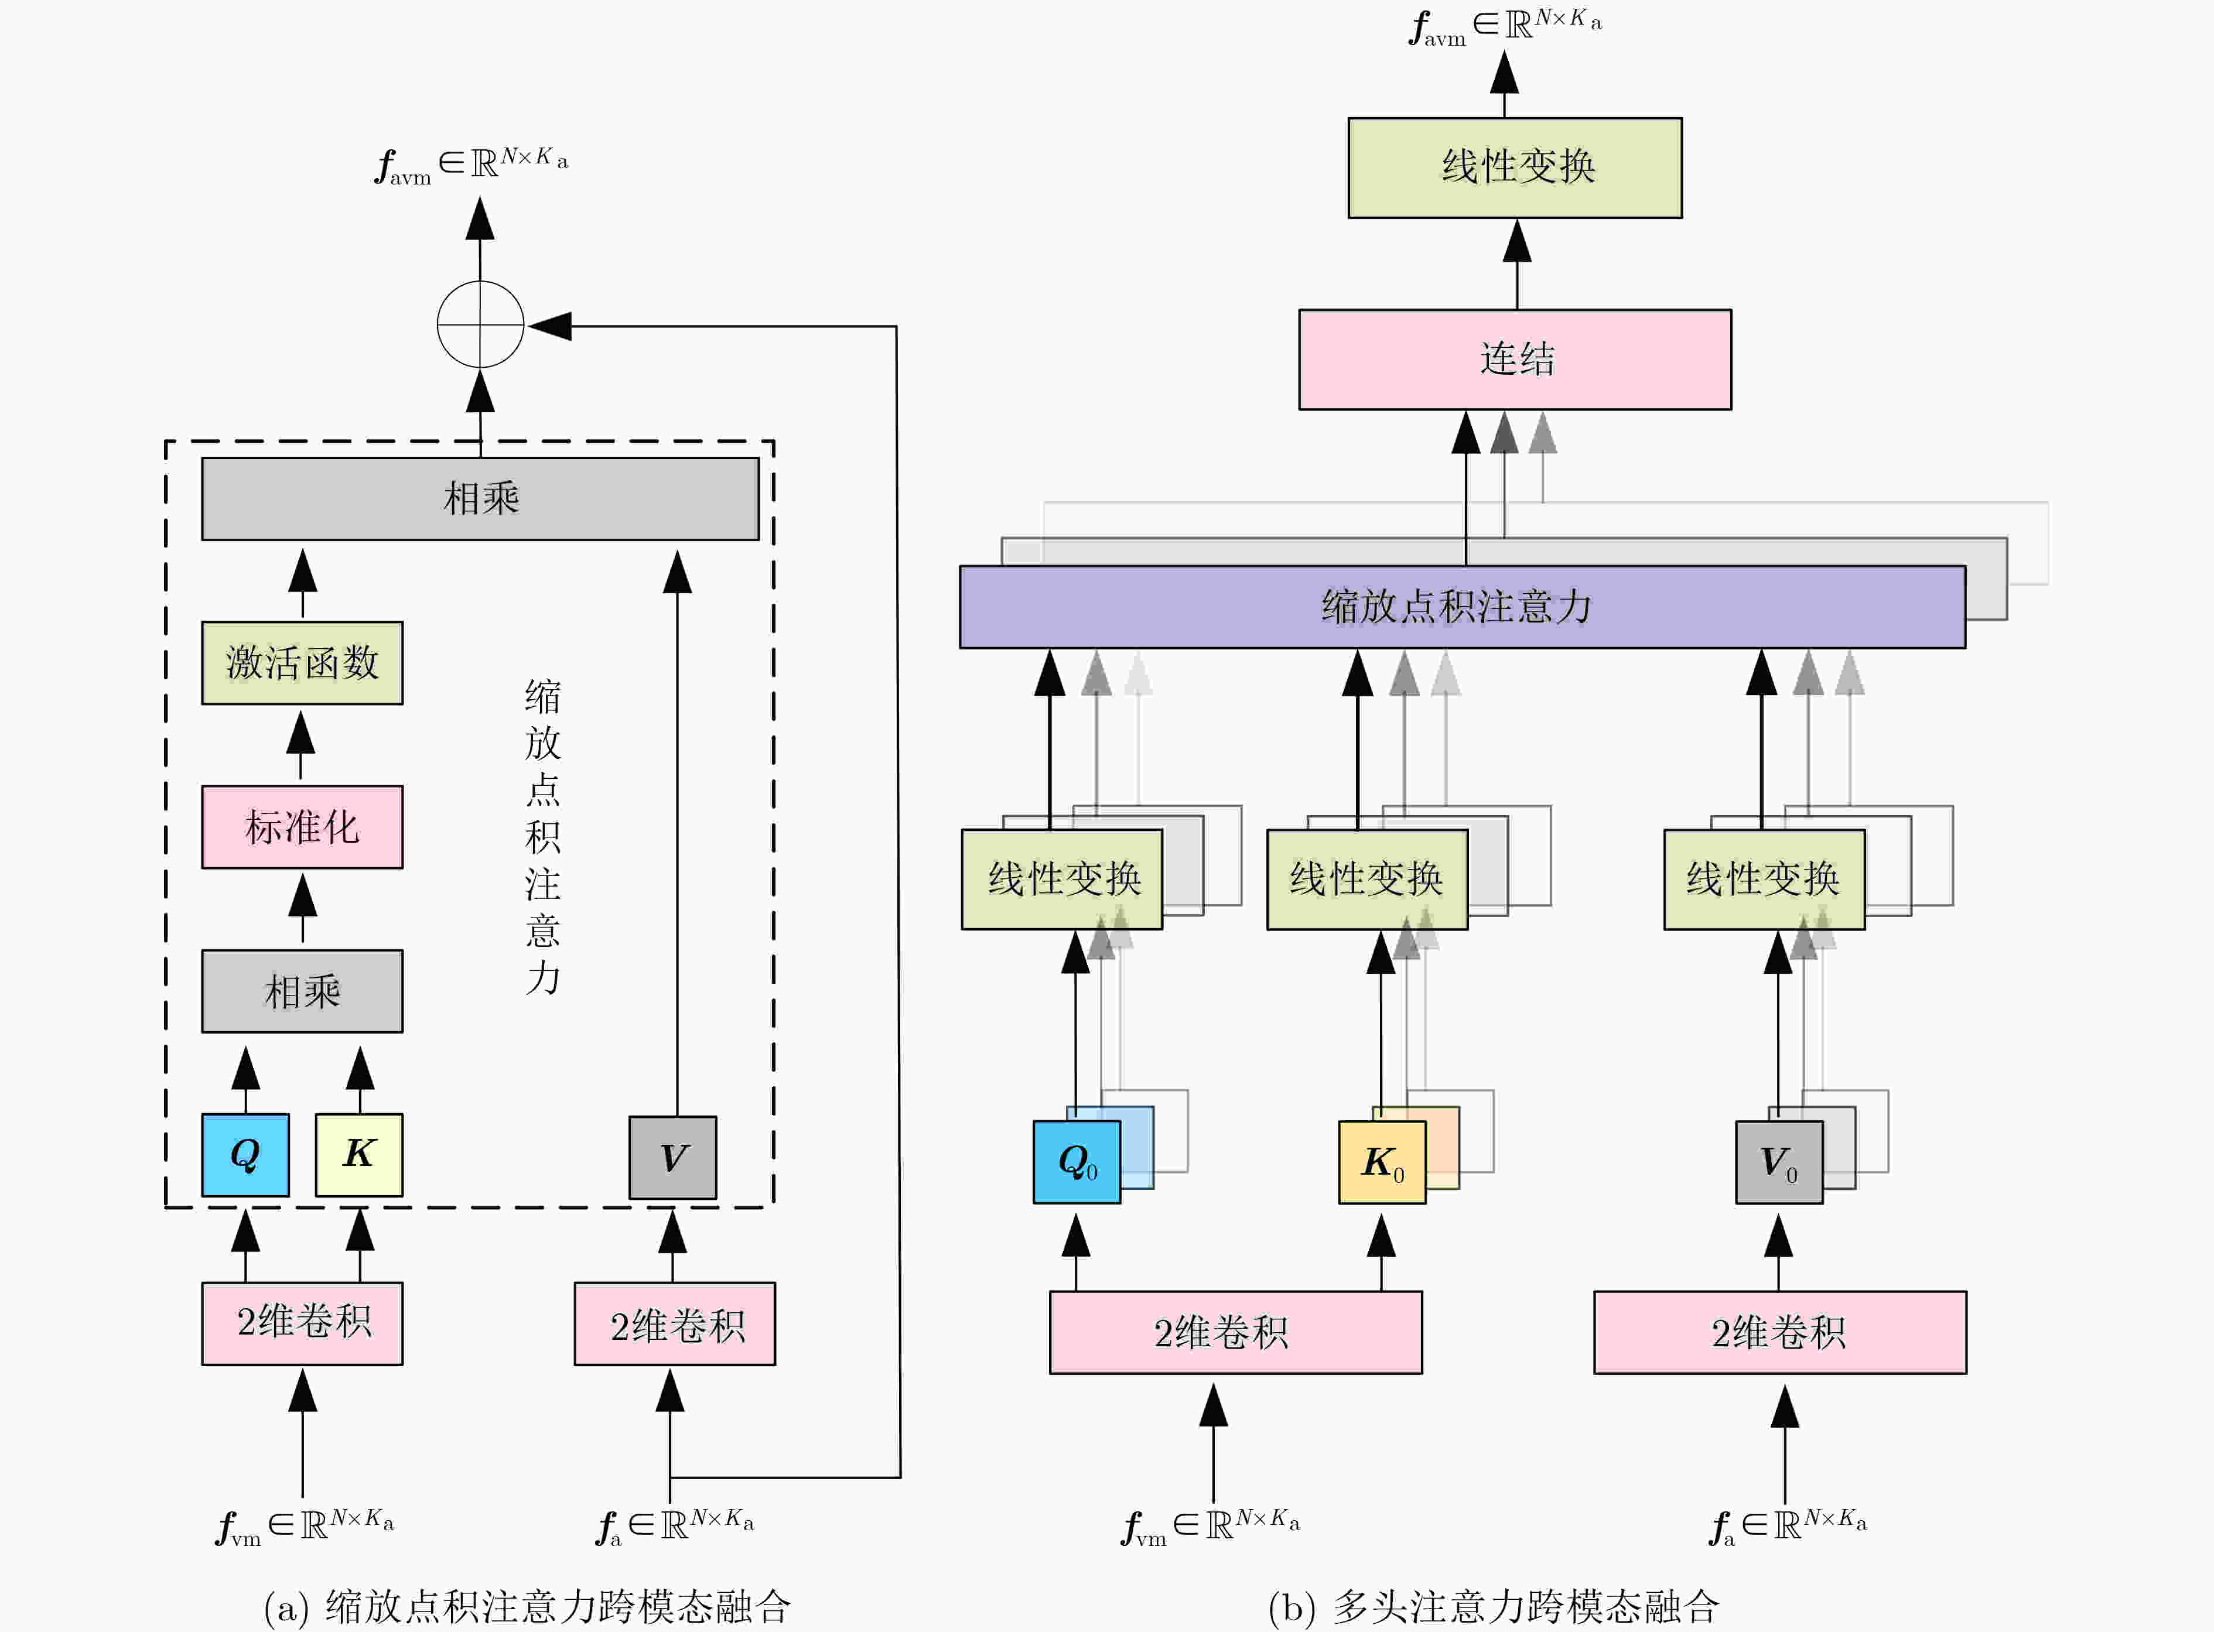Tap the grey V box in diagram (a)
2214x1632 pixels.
[673, 1157]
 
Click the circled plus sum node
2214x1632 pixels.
[480, 324]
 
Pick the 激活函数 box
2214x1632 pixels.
[302, 663]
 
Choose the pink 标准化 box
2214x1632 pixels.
[302, 827]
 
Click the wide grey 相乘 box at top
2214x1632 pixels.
[480, 498]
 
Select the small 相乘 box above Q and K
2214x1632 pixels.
[302, 991]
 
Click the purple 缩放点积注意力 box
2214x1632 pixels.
[1462, 607]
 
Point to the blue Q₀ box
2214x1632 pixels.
[1077, 1162]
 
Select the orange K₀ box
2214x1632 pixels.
[1382, 1162]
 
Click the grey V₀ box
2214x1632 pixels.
[1779, 1162]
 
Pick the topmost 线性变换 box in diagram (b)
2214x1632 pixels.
[1515, 168]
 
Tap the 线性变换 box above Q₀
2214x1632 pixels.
[1062, 879]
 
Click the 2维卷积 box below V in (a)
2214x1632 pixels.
[675, 1324]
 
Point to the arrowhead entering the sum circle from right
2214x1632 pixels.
[551, 325]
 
